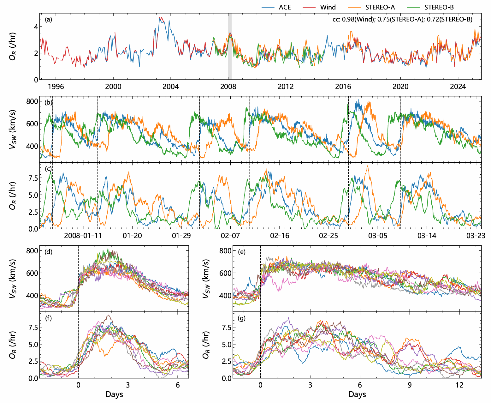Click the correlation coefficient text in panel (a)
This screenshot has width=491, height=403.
tap(402, 20)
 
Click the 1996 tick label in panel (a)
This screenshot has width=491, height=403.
tap(56, 87)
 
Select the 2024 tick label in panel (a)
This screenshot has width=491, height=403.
tap(458, 87)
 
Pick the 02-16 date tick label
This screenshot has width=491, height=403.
tap(280, 236)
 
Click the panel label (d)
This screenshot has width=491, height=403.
tap(49, 252)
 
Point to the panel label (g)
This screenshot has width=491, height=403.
tap(242, 318)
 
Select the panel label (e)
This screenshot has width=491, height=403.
tap(242, 252)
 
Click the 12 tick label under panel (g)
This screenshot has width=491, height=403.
tap(459, 385)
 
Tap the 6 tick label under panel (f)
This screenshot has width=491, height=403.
tap(178, 385)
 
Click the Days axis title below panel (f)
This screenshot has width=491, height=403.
tap(114, 394)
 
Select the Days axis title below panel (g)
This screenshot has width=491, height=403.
tap(357, 394)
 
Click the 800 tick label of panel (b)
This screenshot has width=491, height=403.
tap(32, 101)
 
